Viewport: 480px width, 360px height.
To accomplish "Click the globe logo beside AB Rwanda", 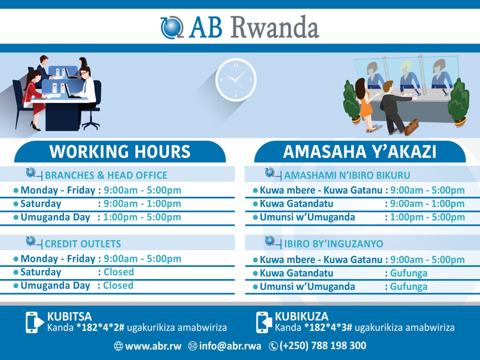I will click(171, 27).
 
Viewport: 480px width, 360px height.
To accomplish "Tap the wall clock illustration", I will click(236, 80).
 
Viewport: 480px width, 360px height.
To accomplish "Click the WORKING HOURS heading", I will click(120, 152).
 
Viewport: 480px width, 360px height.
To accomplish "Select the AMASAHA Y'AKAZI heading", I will click(359, 152).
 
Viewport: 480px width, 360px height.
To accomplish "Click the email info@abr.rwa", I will click(230, 346).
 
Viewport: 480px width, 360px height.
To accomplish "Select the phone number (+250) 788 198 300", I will click(322, 346).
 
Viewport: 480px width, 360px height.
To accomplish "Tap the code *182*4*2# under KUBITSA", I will click(100, 327).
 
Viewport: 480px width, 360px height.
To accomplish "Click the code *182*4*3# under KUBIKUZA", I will click(328, 327).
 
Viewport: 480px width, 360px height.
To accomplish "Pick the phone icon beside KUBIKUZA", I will click(264, 322).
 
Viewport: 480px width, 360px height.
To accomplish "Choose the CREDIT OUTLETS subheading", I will click(83, 244).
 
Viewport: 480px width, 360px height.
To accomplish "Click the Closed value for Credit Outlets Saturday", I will click(119, 272).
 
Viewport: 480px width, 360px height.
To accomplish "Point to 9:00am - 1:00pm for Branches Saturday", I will click(142, 204).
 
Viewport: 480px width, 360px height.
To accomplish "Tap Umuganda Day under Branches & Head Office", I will click(55, 217).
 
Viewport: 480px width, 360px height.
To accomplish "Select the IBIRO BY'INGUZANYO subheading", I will click(333, 244).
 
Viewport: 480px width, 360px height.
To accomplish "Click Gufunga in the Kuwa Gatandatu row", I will click(408, 273).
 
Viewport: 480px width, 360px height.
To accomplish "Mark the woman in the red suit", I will click(34, 97).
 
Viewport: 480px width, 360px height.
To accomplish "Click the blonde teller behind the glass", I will click(409, 75).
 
